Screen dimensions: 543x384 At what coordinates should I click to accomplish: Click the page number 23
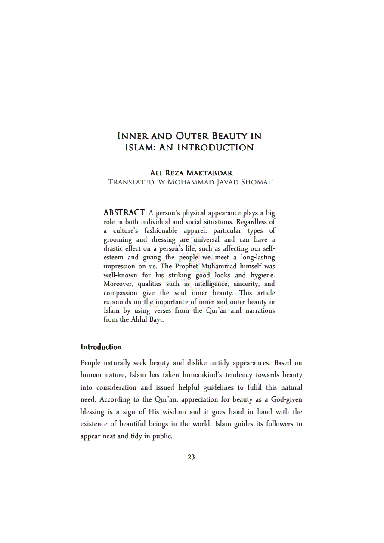[192, 457]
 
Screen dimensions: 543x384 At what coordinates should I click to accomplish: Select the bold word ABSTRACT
[124, 212]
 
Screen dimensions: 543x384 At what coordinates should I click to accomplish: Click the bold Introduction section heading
[101, 347]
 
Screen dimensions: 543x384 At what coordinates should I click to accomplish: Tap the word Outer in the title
[192, 136]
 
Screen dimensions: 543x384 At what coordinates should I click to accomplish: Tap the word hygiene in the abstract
[261, 275]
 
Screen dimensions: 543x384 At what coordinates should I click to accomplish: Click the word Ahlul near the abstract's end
[139, 319]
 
